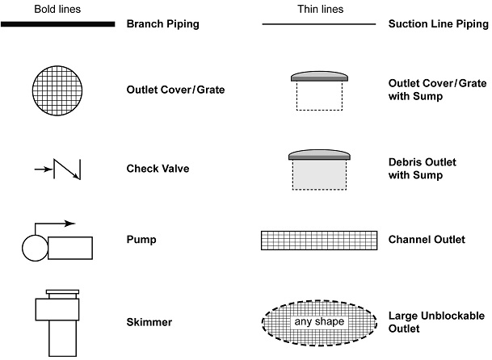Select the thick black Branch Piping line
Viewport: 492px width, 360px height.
[57, 24]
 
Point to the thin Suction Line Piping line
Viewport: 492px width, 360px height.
[319, 24]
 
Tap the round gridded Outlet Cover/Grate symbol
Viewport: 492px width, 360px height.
[57, 89]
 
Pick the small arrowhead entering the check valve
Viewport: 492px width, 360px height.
[47, 170]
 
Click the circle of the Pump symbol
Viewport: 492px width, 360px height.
[34, 248]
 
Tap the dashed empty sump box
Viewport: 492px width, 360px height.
[319, 95]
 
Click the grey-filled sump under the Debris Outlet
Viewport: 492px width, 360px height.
[319, 174]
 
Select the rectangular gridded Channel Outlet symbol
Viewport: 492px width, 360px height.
[319, 241]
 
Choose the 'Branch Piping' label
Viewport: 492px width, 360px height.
[162, 24]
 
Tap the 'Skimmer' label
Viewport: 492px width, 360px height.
[149, 322]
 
